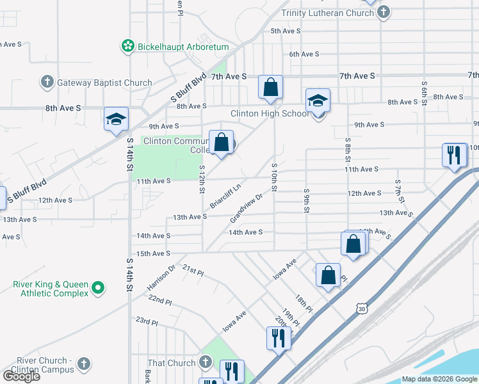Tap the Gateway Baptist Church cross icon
pos(47,82)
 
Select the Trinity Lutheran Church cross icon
pos(383,12)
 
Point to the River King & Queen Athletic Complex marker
pos(98,288)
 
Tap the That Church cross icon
pos(206,363)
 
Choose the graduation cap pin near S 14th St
pos(116,120)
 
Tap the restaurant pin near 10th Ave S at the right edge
pos(453,155)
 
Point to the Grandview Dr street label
pos(247,209)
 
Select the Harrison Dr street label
pos(161,277)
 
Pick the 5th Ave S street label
pos(286,31)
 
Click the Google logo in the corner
pos(21,376)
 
